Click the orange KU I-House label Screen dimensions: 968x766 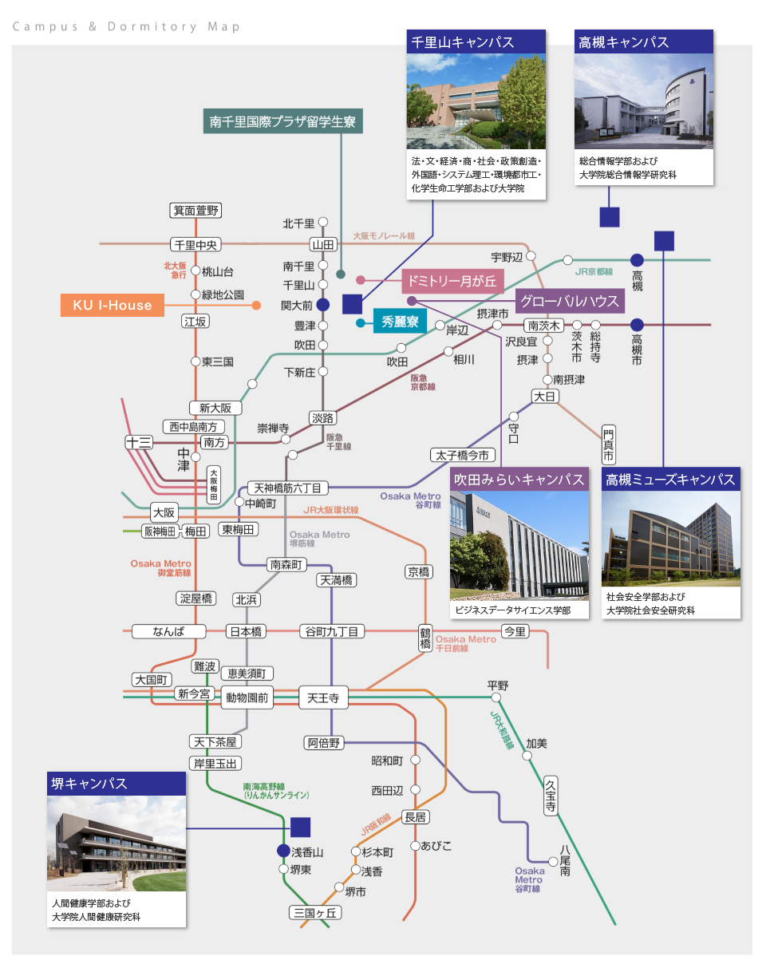pos(113,305)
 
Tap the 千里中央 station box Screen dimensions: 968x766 pos(195,244)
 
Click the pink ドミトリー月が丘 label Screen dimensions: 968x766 pos(452,280)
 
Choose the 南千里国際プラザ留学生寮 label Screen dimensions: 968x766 pos(282,122)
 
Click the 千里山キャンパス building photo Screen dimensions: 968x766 pos(476,101)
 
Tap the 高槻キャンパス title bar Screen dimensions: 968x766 pos(643,42)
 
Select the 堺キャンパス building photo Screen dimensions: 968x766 pos(116,844)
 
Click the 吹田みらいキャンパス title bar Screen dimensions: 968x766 pos(519,479)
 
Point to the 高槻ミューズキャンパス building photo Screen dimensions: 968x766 pos(671,539)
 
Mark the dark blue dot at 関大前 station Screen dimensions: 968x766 pos(322,304)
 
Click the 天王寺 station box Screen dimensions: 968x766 pos(323,698)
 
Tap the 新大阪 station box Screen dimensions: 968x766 pos(215,408)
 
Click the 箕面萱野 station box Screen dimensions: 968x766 pos(195,211)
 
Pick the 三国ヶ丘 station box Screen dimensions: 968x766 pos(316,913)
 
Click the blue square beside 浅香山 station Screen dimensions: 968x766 pos(300,827)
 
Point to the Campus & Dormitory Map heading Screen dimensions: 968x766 pos(126,26)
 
